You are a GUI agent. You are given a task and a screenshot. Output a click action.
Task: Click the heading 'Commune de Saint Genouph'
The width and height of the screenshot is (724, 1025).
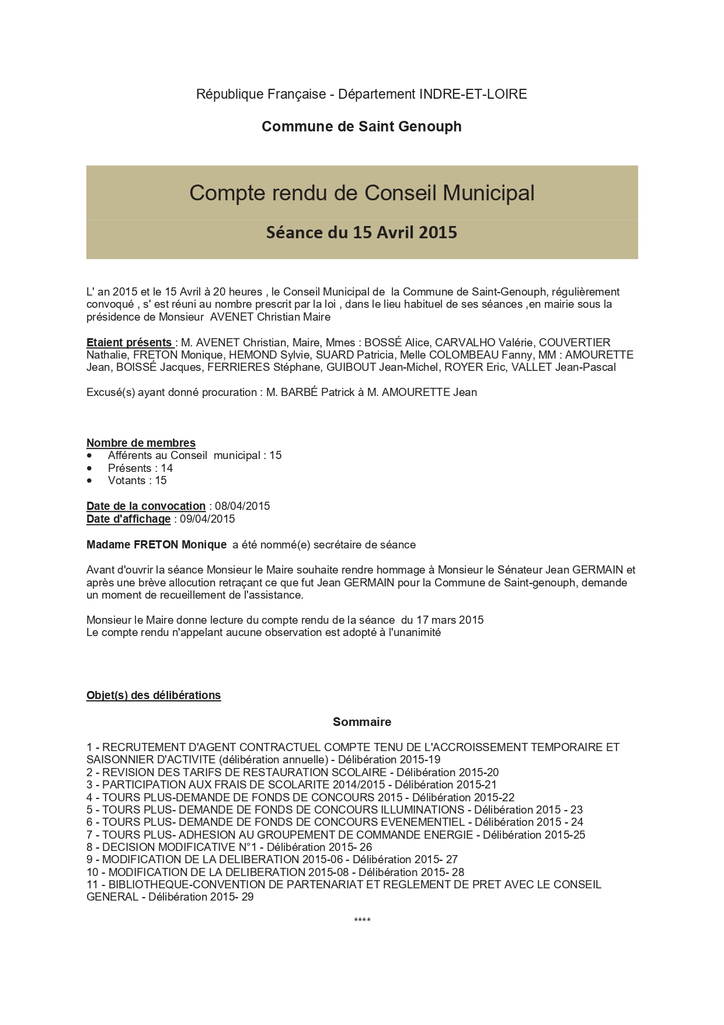point(361,127)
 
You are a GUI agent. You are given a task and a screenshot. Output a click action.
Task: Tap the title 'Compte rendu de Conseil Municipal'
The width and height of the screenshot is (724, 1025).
point(361,193)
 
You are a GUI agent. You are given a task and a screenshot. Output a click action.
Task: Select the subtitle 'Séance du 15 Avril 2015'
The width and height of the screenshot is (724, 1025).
point(361,232)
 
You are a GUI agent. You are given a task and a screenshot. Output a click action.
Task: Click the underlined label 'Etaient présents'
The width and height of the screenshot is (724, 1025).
point(130,343)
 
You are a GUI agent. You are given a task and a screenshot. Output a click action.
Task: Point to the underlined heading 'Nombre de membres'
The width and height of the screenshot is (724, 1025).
point(141,443)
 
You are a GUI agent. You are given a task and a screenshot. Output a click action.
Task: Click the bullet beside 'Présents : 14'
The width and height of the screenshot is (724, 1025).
point(89,468)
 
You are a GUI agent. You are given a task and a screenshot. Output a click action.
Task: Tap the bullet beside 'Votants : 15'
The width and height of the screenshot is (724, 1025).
point(89,481)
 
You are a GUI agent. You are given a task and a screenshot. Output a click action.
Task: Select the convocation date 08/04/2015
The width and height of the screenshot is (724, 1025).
point(242,506)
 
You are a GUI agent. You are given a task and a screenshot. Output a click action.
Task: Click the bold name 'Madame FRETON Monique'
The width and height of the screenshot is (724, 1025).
point(156,545)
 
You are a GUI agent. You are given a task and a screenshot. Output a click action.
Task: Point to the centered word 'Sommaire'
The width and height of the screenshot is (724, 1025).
point(362,722)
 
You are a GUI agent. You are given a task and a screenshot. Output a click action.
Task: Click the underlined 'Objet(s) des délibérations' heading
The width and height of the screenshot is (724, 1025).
point(154,695)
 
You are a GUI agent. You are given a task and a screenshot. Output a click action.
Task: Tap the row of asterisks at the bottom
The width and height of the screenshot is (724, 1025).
point(362,921)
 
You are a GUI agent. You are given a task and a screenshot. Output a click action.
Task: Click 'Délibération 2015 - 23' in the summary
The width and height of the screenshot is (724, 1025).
point(528,809)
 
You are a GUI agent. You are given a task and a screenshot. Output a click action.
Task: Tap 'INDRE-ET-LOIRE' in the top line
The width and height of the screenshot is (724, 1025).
point(473,94)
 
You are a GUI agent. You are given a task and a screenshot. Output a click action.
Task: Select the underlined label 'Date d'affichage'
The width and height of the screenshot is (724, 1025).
point(128,519)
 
